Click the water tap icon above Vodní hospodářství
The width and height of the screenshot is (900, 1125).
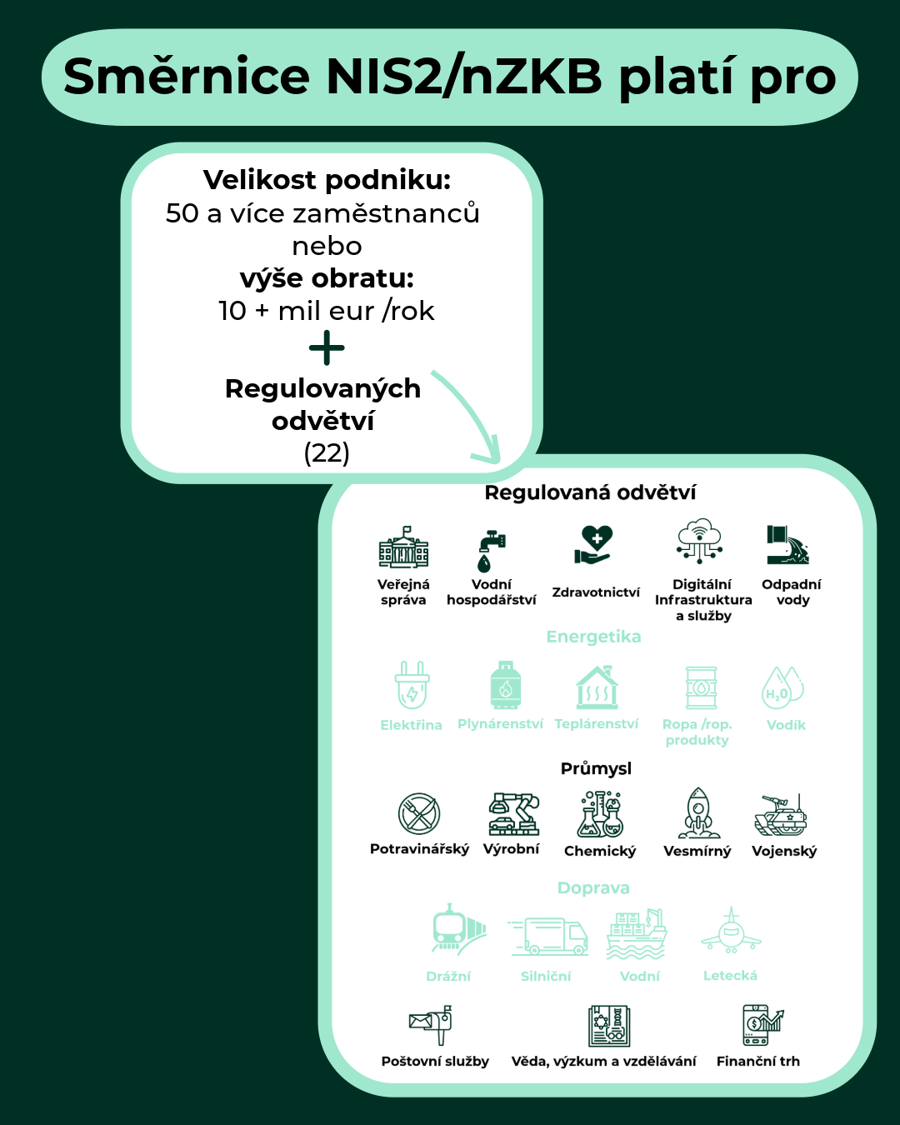(x=491, y=549)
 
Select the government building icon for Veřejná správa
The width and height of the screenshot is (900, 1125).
(x=403, y=547)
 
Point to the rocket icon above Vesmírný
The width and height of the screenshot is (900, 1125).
(x=698, y=812)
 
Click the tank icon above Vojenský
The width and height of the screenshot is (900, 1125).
(x=782, y=815)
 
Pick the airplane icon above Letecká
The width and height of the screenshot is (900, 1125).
(x=731, y=930)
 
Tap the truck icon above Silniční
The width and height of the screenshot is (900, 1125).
(x=547, y=935)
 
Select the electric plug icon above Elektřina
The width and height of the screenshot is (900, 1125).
(x=412, y=684)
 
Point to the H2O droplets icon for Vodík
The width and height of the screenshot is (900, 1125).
(x=784, y=687)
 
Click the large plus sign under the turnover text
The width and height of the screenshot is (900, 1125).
(x=327, y=347)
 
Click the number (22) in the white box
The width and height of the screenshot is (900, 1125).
(x=327, y=452)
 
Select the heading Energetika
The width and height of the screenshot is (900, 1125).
(x=593, y=637)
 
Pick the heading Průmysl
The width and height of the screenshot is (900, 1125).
(x=596, y=768)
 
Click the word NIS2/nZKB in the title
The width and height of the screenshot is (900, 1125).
(x=464, y=77)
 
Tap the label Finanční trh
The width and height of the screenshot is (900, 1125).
(x=757, y=1061)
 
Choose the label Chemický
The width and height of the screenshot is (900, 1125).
(x=600, y=851)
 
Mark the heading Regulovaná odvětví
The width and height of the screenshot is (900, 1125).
(x=590, y=492)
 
